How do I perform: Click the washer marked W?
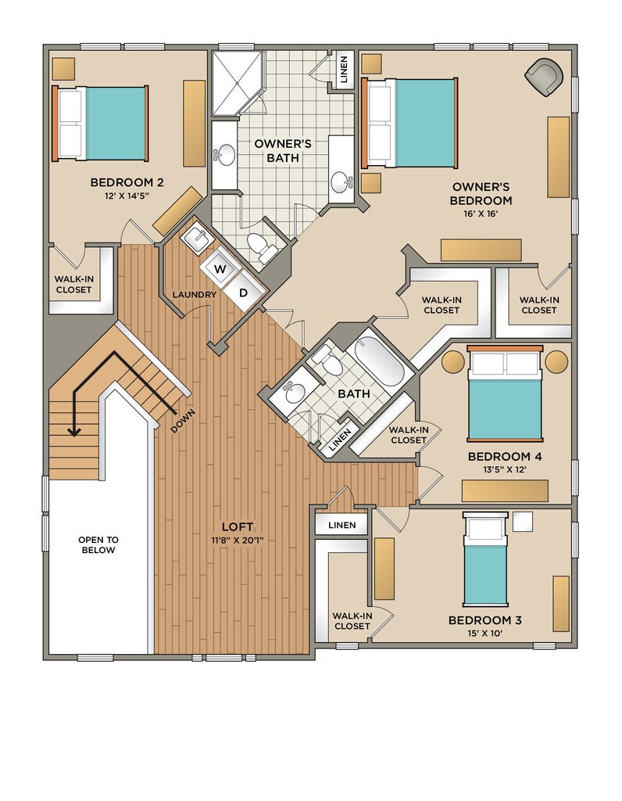click(220, 269)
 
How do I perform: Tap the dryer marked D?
click(244, 293)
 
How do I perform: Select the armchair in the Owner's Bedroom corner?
click(544, 77)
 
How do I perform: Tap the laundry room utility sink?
click(196, 239)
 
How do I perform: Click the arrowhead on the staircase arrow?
click(74, 432)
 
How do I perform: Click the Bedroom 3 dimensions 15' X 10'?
click(484, 634)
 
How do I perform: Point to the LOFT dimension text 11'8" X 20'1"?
click(238, 540)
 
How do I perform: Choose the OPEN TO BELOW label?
click(98, 544)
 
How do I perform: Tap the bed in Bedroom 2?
click(100, 123)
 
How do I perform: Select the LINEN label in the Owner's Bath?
click(344, 70)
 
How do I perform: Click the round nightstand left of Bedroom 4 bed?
click(454, 361)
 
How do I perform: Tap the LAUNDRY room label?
click(195, 295)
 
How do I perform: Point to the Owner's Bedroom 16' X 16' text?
click(481, 214)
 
